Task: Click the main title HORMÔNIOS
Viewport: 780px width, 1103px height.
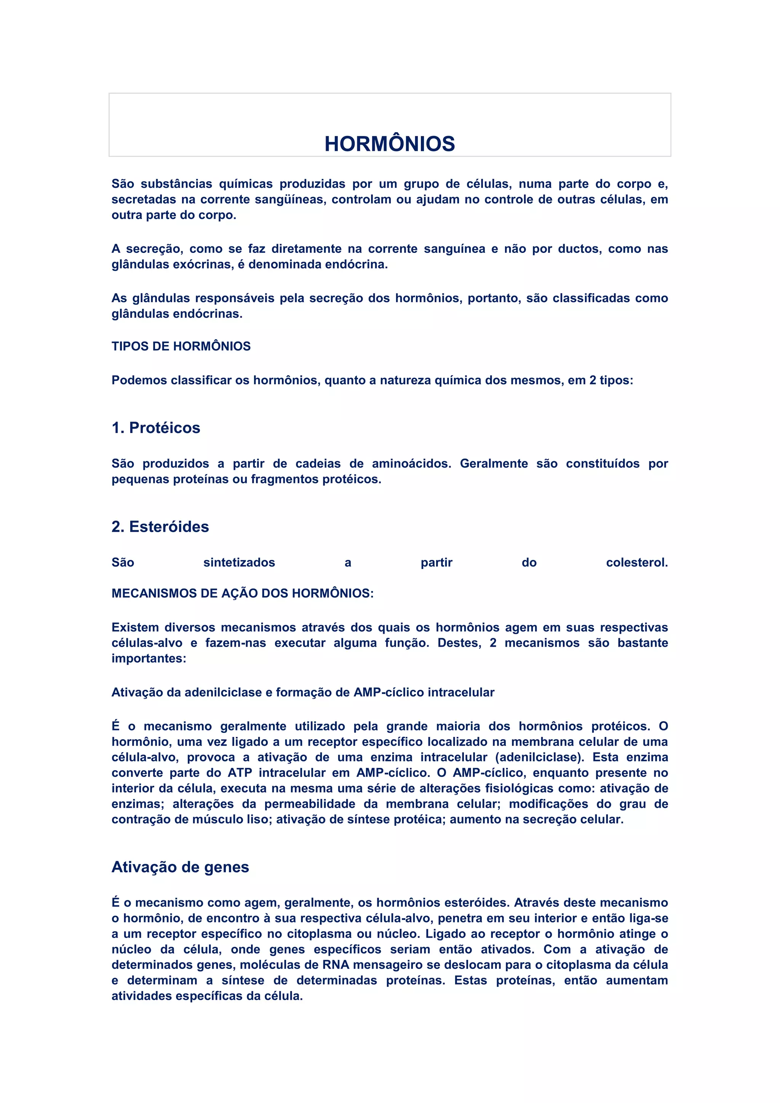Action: (x=390, y=144)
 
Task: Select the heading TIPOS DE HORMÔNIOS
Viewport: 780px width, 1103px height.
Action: (x=181, y=346)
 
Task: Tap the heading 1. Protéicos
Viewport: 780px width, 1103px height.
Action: (x=156, y=428)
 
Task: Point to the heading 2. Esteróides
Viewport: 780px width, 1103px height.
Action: (x=160, y=526)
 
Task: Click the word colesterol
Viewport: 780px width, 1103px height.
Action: (x=636, y=563)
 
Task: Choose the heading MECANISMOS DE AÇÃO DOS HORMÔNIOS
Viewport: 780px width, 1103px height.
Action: (x=242, y=593)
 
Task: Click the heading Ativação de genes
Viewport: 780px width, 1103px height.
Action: (x=180, y=867)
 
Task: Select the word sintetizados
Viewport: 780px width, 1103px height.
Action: (x=239, y=563)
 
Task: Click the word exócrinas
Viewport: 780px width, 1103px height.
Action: (x=202, y=265)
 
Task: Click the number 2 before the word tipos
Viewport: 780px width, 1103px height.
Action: (x=592, y=380)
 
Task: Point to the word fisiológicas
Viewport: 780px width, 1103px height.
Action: (x=519, y=788)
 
